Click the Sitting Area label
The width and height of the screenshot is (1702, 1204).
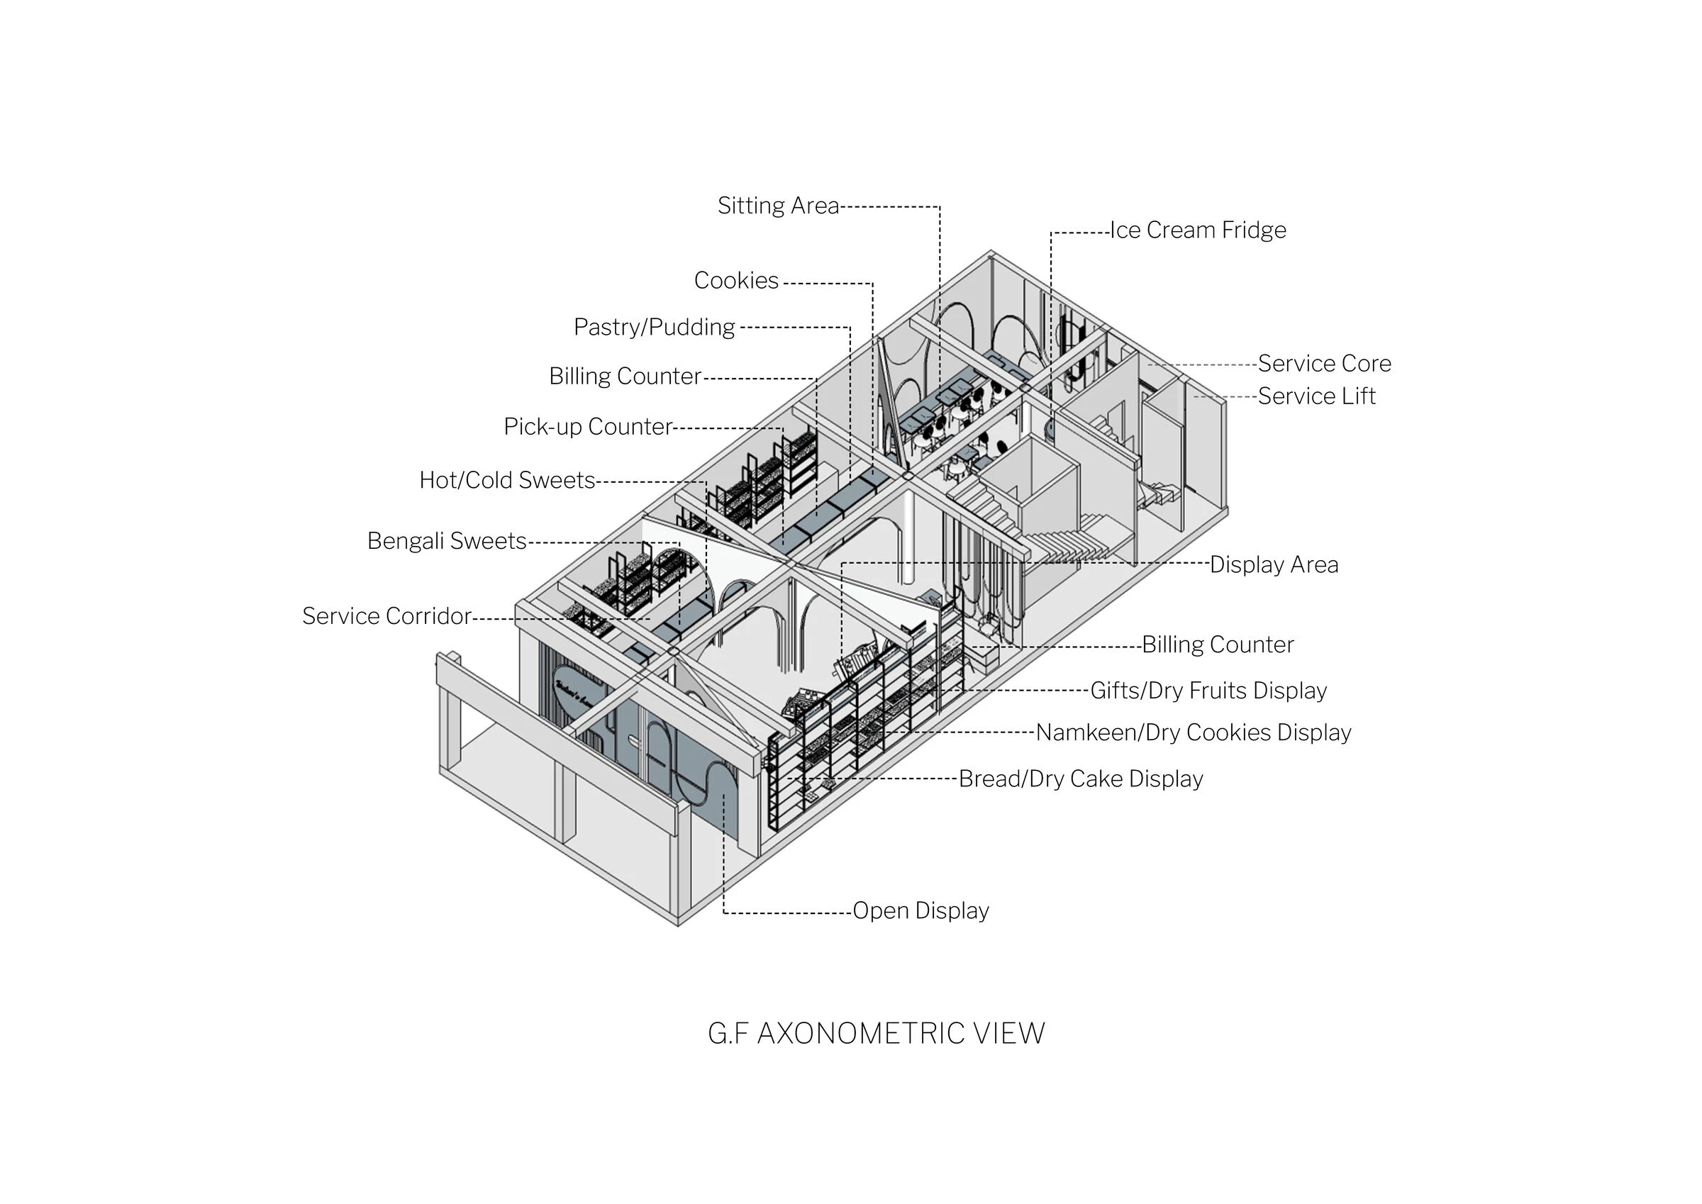coord(778,206)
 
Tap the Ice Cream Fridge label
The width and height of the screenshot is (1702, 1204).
coord(1197,230)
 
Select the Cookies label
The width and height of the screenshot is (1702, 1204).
coord(735,280)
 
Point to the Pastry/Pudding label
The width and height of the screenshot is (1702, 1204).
coord(654,327)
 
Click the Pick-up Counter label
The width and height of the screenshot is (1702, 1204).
coord(587,426)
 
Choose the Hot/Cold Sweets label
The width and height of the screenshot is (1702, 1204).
coord(507,481)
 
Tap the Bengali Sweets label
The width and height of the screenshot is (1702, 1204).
coord(446,541)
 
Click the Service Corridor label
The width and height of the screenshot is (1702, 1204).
coord(386,616)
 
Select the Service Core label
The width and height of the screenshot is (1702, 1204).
coord(1324,363)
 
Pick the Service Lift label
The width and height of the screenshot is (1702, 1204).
coord(1316,396)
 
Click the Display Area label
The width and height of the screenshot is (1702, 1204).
coord(1274,565)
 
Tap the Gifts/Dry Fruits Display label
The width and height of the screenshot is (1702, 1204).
coord(1208,691)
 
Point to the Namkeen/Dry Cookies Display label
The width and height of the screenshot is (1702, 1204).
coord(1193,732)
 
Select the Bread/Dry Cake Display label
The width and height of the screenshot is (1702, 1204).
coord(1080,779)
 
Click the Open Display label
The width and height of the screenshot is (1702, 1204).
coord(920,910)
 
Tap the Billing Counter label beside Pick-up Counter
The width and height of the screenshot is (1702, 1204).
coord(624,377)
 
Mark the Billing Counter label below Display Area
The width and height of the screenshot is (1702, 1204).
coord(1217,645)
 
